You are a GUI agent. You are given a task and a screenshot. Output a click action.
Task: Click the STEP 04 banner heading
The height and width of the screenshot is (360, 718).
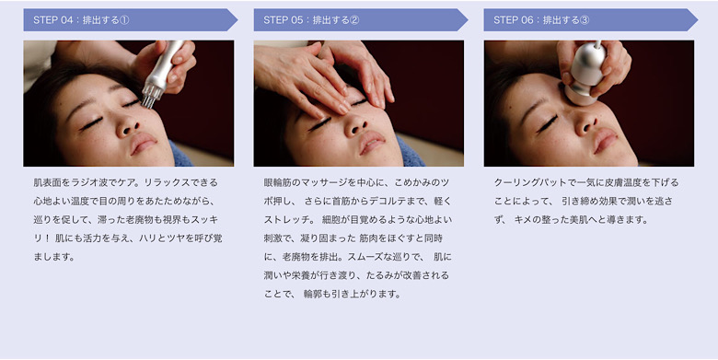(131, 20)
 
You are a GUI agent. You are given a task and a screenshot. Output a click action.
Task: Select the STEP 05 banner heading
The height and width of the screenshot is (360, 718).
(361, 20)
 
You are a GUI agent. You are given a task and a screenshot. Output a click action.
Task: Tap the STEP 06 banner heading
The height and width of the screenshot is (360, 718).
(591, 20)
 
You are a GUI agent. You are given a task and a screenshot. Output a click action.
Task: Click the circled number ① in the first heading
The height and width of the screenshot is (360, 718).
(124, 20)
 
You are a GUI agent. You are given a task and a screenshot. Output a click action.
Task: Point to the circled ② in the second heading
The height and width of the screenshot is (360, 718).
(354, 20)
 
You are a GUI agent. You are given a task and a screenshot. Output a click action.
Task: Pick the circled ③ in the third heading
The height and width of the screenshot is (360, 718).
(585, 20)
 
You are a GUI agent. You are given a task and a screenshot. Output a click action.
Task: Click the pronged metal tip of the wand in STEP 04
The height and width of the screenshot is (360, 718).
(152, 95)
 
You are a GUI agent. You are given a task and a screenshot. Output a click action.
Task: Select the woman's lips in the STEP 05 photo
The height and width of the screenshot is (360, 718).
(371, 142)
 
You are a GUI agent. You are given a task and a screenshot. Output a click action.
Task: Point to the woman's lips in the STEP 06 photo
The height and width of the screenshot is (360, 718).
(606, 140)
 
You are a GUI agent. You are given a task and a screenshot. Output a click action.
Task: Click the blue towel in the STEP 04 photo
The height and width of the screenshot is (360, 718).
(181, 154)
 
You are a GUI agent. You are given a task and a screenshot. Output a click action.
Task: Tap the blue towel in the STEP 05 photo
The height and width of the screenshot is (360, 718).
(410, 152)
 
